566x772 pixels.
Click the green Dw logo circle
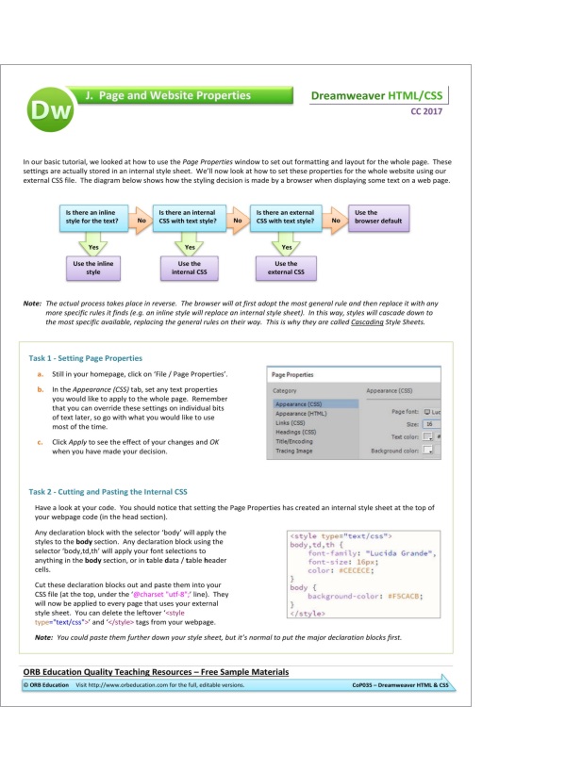(48, 111)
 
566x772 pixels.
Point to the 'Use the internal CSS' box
(189, 269)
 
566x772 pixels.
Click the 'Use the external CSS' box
(286, 269)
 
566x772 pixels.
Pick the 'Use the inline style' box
(92, 269)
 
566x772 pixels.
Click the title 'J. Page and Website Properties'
(168, 96)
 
